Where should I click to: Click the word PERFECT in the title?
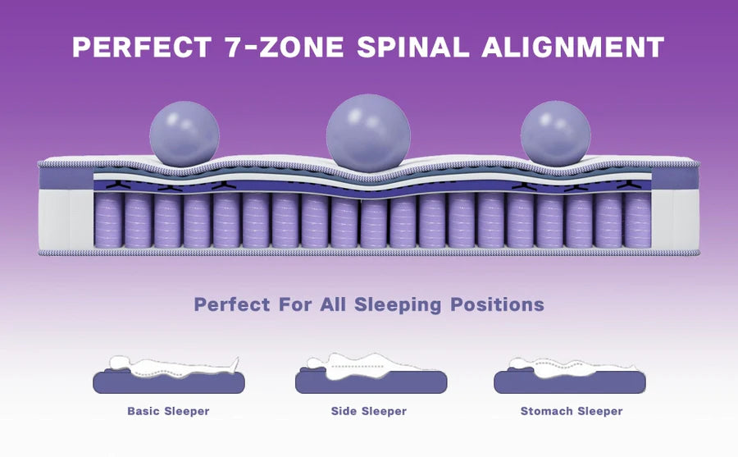coord(142,47)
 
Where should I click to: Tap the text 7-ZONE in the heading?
coord(285,47)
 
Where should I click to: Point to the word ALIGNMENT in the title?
coord(573,47)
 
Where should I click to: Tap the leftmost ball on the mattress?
coord(184,134)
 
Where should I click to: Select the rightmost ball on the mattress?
coord(555,134)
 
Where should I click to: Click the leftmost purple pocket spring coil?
coord(108,220)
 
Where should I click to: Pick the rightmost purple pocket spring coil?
coord(637,220)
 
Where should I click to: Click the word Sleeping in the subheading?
coord(398,305)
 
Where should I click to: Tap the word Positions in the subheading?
coord(497,304)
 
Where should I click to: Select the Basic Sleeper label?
coord(168,411)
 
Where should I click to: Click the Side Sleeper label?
coord(368,411)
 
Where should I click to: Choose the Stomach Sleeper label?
coord(572,411)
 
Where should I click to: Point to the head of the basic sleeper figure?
coord(120,363)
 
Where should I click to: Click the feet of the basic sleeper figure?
coord(234,364)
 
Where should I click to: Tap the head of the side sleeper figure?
coord(314,363)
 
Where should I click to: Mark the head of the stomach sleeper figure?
coord(517,363)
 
